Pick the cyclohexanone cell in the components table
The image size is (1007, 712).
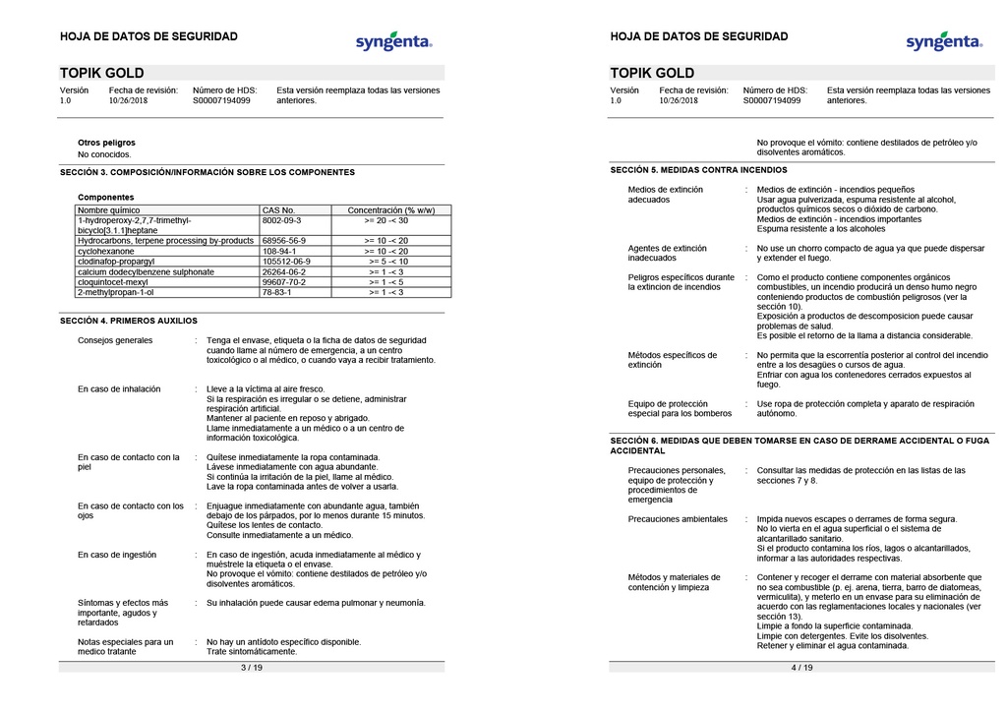pos(105,251)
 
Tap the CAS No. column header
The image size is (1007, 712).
pos(279,210)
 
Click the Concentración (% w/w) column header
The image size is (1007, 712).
pos(391,210)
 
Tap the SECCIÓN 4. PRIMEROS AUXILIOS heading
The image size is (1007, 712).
pos(129,321)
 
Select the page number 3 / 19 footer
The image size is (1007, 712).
pos(252,668)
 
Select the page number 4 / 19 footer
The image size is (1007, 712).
pos(801,668)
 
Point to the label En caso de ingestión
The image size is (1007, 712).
pos(117,555)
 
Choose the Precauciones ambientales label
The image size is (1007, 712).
pos(678,518)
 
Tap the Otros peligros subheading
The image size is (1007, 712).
pos(106,143)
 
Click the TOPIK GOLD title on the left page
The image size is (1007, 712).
pos(102,73)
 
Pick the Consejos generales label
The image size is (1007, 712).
pos(115,340)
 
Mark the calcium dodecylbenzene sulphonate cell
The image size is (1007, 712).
pos(146,271)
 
